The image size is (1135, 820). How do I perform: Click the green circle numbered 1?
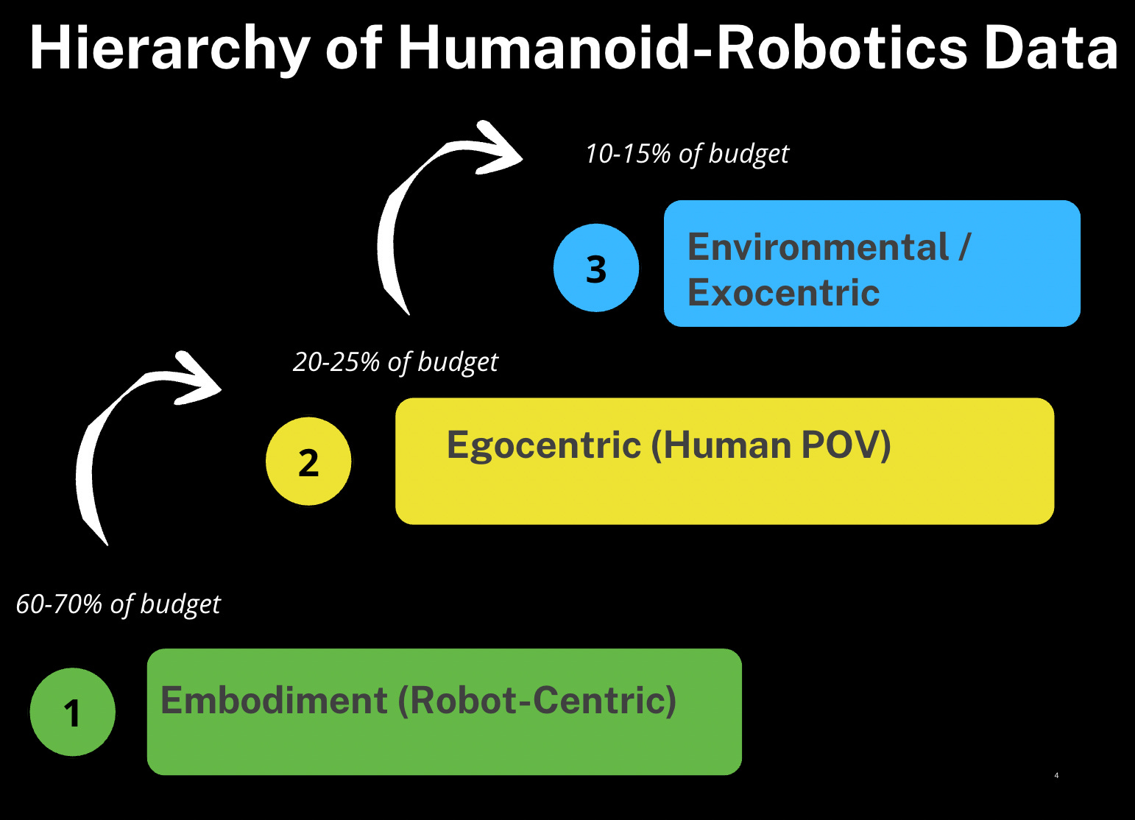pos(72,712)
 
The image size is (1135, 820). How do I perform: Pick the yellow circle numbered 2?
pos(308,462)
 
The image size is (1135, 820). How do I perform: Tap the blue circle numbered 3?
pos(596,268)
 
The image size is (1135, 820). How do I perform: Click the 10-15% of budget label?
pos(687,154)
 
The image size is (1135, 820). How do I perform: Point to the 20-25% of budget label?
pos(395,362)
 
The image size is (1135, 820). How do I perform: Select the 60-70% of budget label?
pos(118,604)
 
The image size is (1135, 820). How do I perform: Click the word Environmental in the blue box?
pos(818,247)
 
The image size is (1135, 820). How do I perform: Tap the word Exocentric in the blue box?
pos(783,293)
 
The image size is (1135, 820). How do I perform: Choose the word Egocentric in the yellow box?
pos(543,445)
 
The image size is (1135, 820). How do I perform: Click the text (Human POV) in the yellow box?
pos(771,445)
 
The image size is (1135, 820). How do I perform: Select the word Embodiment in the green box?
pos(274,700)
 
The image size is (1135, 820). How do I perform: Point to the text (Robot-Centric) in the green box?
pos(537,700)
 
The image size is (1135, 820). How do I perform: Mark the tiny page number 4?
pos(1056,775)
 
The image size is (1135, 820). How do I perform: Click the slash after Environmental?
pos(964,247)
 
